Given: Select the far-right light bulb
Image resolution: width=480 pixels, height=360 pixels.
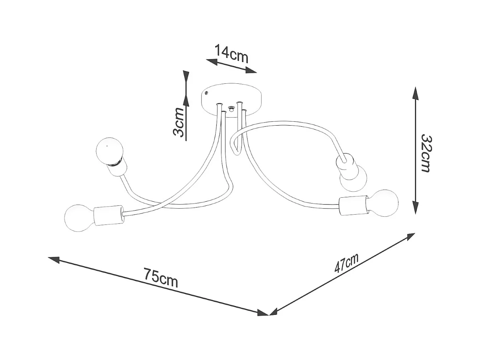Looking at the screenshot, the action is [x=384, y=203].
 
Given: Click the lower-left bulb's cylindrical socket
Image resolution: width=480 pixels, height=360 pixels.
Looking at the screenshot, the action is [x=107, y=215].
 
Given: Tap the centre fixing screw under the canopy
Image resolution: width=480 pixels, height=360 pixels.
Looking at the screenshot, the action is [x=231, y=108].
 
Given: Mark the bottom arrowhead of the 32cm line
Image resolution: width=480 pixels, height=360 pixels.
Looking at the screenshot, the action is [x=416, y=209].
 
